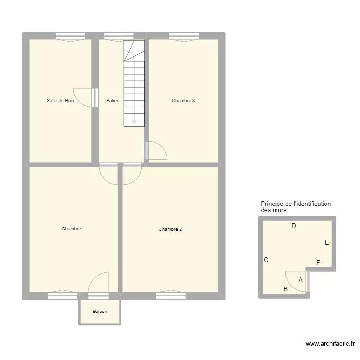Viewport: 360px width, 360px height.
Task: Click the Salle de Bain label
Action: [x=60, y=101]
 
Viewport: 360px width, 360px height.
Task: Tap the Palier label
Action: [x=112, y=101]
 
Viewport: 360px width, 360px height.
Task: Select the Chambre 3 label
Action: [x=183, y=101]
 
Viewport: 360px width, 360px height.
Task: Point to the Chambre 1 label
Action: [x=73, y=229]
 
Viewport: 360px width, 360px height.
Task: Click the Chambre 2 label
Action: [x=170, y=229]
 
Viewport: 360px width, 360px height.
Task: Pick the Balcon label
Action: [x=100, y=312]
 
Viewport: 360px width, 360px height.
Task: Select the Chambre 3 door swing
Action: [x=157, y=150]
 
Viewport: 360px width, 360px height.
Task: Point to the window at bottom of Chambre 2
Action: [x=171, y=296]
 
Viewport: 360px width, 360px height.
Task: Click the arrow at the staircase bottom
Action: [x=134, y=122]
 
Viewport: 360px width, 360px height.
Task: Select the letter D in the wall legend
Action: [x=294, y=226]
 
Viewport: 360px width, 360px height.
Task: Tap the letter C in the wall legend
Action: [x=266, y=260]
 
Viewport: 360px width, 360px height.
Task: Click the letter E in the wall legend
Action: [x=327, y=242]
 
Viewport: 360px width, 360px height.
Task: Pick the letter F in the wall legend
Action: [x=318, y=262]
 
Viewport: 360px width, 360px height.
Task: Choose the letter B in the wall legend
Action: [x=285, y=289]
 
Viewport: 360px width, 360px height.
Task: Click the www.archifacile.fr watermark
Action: [x=330, y=344]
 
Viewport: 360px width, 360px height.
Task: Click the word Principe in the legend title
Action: [x=272, y=204]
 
